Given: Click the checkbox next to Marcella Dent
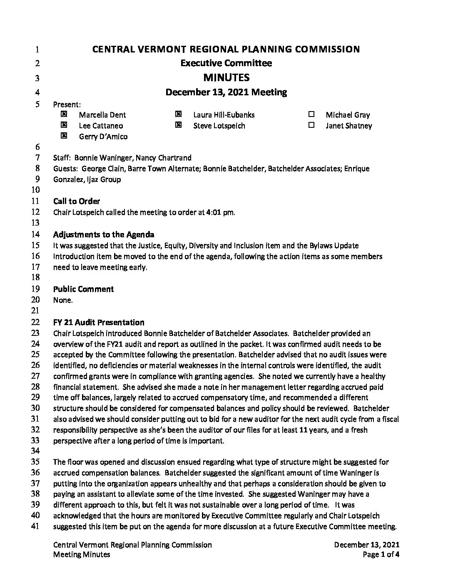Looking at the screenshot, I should [x=64, y=114].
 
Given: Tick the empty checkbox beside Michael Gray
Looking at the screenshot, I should [x=311, y=114].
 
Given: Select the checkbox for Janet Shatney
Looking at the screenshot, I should [x=311, y=125].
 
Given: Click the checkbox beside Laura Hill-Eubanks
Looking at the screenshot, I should [x=178, y=114].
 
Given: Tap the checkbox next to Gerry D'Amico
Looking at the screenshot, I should [x=64, y=136].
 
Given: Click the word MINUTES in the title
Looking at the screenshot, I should [x=226, y=77].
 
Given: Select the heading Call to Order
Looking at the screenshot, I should [x=77, y=201].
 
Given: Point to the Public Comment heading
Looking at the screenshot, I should [x=83, y=289].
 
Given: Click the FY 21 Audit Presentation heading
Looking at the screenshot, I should [x=99, y=323].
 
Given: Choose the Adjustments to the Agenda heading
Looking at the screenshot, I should [x=104, y=235].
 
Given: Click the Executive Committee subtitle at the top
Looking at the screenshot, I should [x=226, y=63].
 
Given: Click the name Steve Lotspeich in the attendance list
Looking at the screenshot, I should [x=219, y=126].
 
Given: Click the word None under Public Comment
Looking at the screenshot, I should [x=63, y=300].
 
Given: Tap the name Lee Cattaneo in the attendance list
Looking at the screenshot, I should [x=101, y=126].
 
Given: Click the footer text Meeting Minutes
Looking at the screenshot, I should [x=82, y=554].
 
